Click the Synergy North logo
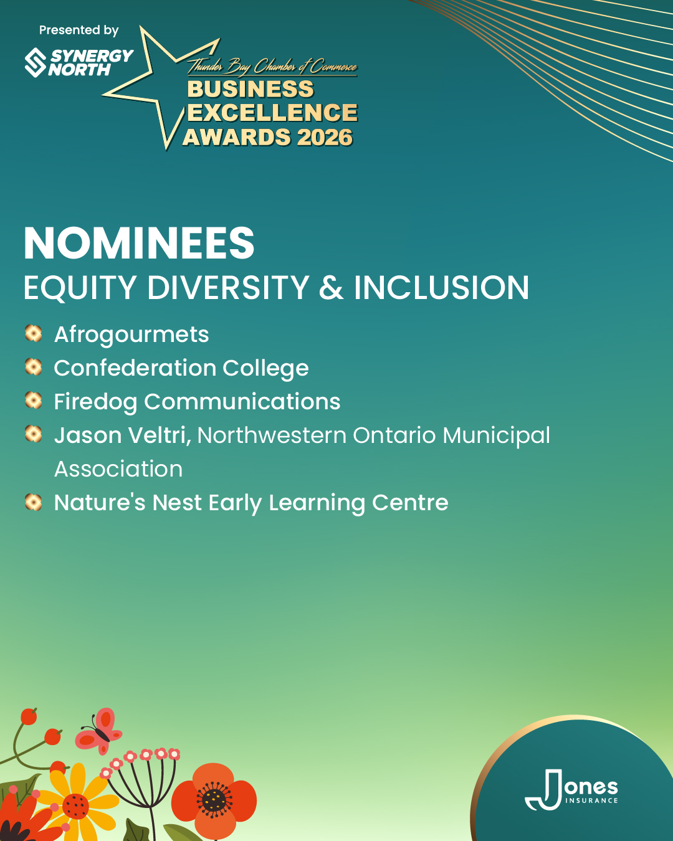79,62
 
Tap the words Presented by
79,30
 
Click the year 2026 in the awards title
325,137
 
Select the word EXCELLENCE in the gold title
272,113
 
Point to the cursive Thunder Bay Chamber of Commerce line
272,66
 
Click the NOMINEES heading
139,243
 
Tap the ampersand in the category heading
332,288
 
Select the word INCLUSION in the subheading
441,288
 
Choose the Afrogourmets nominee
131,335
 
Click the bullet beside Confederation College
33,367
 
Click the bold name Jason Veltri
121,435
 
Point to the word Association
118,469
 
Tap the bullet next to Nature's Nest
33,501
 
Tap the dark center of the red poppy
214,799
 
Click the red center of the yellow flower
75,805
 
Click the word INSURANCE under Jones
591,801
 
